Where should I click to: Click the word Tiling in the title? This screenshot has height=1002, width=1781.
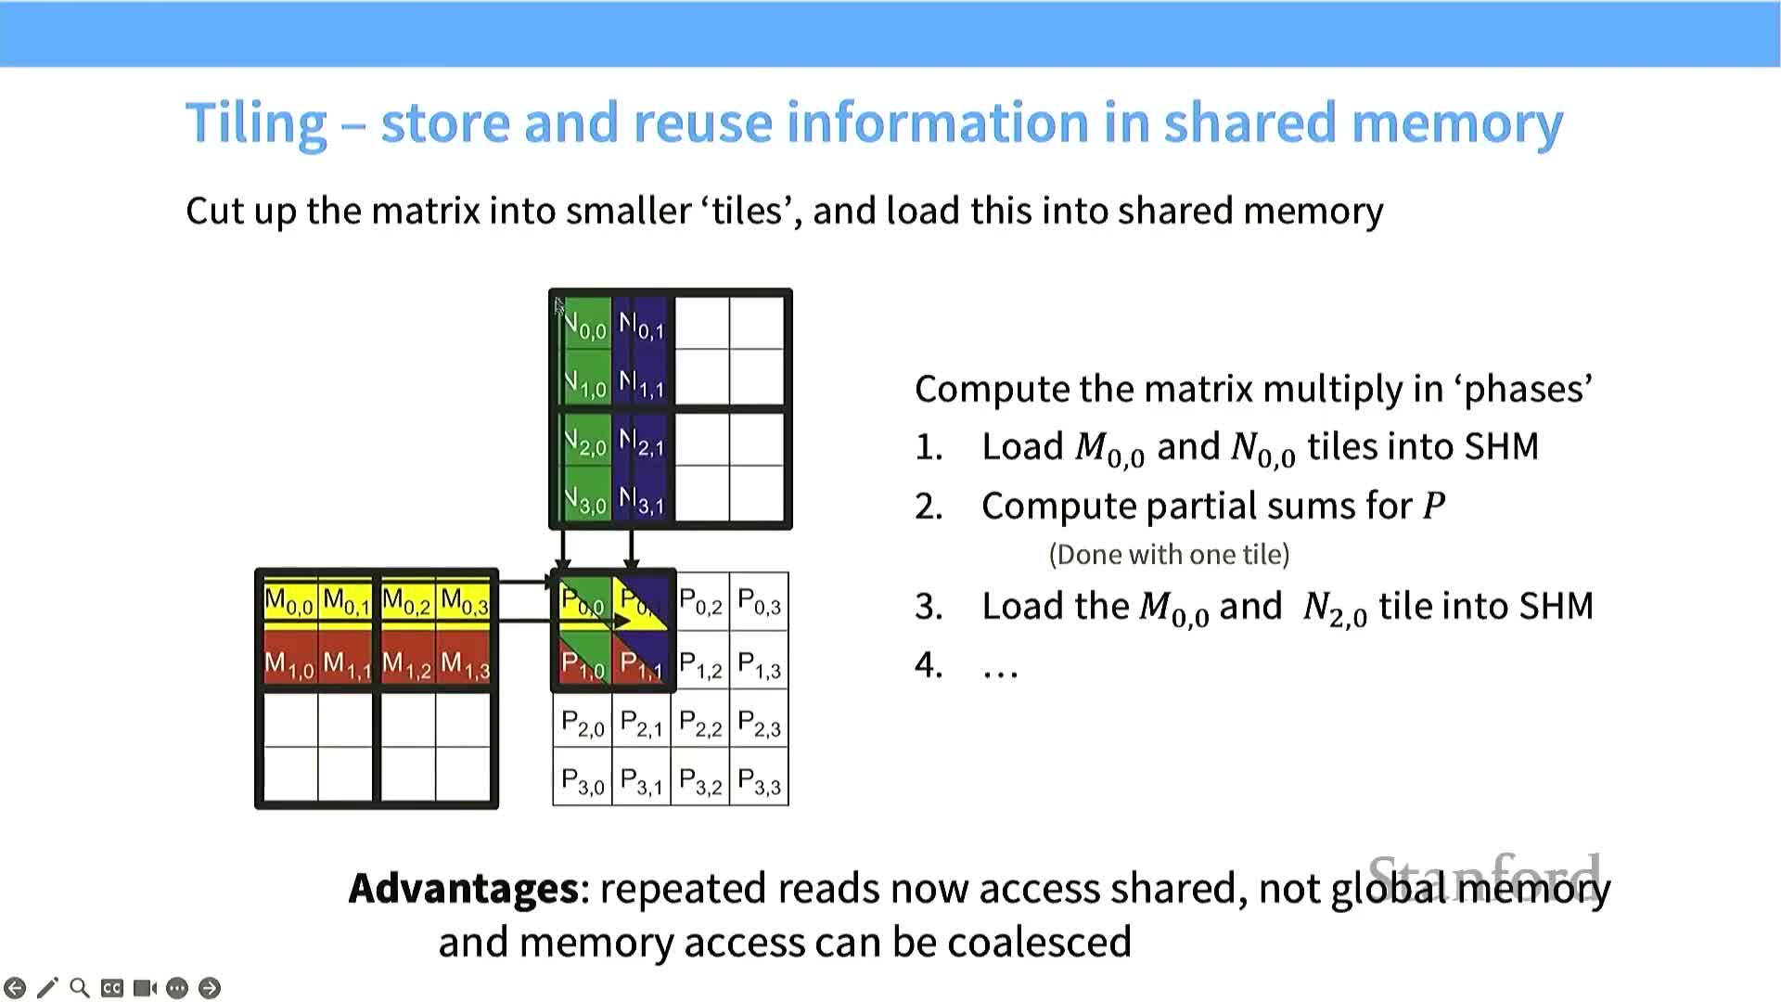[x=256, y=123]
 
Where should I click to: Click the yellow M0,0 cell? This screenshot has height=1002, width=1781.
[x=289, y=603]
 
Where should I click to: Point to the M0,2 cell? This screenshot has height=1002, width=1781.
[x=406, y=603]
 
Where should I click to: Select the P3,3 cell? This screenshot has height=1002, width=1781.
[x=759, y=783]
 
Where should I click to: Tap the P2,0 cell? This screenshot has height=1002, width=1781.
[x=583, y=724]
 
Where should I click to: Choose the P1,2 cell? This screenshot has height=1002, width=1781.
[x=700, y=664]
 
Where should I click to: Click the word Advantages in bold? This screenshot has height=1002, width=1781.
[x=464, y=888]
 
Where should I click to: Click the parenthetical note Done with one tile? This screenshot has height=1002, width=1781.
[x=1169, y=555]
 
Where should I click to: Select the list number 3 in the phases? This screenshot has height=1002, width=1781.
[x=929, y=607]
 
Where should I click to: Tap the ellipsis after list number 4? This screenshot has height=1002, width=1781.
[x=1000, y=666]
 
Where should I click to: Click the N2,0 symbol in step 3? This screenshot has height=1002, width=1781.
[x=1335, y=609]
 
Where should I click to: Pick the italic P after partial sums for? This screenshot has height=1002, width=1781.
[x=1434, y=507]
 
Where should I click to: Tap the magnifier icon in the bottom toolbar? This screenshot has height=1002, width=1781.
[x=80, y=988]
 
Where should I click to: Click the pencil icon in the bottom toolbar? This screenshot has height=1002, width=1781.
[x=47, y=988]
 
